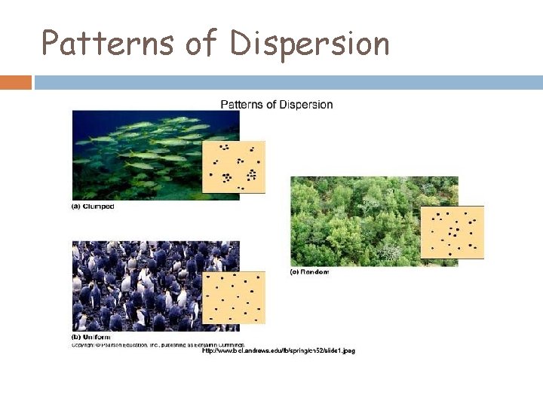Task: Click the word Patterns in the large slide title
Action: [x=107, y=44]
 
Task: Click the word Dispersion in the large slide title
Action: [x=310, y=44]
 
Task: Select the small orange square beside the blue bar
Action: [x=16, y=82]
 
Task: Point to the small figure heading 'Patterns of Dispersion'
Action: [x=276, y=104]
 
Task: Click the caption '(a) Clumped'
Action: [x=93, y=206]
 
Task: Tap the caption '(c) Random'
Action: [x=310, y=271]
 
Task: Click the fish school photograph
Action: [x=136, y=151]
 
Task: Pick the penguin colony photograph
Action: [x=136, y=286]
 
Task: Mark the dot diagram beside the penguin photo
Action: [x=234, y=298]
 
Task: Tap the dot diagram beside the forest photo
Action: [x=452, y=232]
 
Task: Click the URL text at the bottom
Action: [x=278, y=350]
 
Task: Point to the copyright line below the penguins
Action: [x=158, y=344]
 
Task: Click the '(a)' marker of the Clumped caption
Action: [x=76, y=206]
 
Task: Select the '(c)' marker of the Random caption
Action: [x=295, y=271]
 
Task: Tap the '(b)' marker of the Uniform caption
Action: [x=76, y=337]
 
